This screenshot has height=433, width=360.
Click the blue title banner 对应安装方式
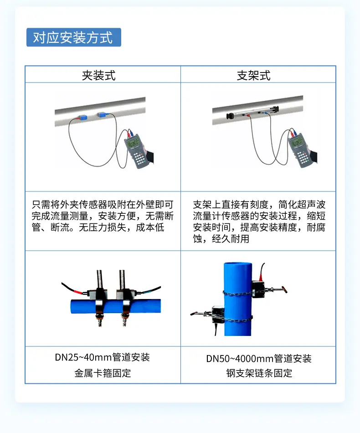(73, 37)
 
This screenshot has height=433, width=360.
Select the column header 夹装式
(98, 75)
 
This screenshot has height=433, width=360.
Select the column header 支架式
(254, 75)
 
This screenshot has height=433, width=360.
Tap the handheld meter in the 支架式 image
(301, 151)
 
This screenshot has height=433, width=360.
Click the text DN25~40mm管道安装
(103, 357)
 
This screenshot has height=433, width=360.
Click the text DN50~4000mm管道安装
(259, 359)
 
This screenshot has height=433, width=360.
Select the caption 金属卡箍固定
(103, 373)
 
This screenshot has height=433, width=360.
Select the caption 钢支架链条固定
(259, 373)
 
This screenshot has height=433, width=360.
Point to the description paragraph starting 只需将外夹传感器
(103, 216)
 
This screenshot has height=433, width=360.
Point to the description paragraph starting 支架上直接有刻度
(259, 222)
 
